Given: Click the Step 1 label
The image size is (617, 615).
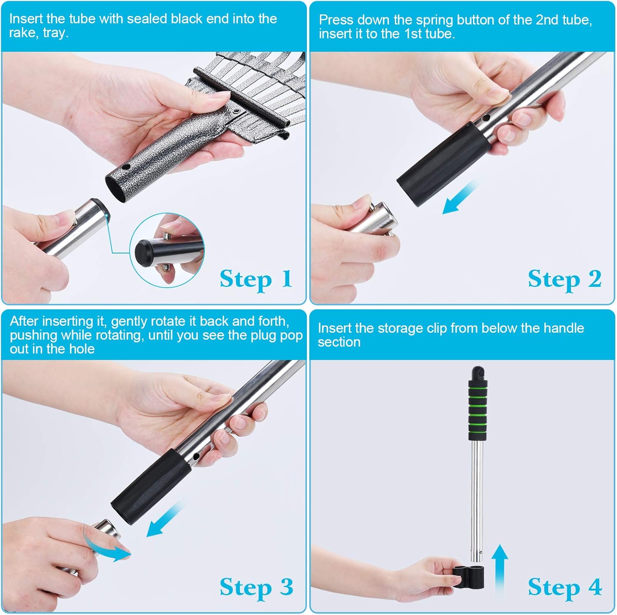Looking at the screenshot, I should click(x=256, y=279).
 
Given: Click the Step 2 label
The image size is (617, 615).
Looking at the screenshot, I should click(x=564, y=279).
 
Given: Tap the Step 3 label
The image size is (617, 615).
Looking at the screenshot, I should click(x=256, y=587).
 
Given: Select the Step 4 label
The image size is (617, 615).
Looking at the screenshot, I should click(x=564, y=587).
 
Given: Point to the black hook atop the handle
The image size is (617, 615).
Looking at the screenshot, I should click(x=477, y=372).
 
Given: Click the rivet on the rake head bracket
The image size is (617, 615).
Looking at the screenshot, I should click(x=237, y=111).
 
